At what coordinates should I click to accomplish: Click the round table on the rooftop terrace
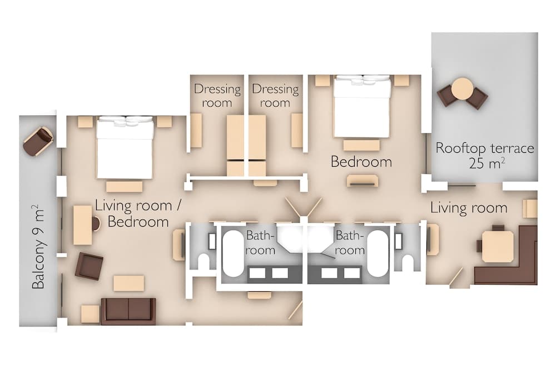tap(462, 88)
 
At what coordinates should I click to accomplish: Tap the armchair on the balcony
tap(38, 139)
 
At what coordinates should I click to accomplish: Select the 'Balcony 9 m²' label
tap(38, 247)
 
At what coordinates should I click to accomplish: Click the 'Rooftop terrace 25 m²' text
tap(484, 155)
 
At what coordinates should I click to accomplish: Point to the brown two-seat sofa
tap(128, 311)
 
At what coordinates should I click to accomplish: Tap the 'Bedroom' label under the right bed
tap(361, 162)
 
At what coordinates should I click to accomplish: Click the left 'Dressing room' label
tap(217, 96)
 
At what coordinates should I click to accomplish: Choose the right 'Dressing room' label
tap(275, 96)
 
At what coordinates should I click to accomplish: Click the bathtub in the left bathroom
tap(233, 252)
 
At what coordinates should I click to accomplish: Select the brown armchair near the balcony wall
tap(89, 266)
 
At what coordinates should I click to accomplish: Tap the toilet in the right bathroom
tap(408, 261)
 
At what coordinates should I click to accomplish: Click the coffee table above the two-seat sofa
tap(128, 283)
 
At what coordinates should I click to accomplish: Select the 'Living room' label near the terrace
tap(469, 208)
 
